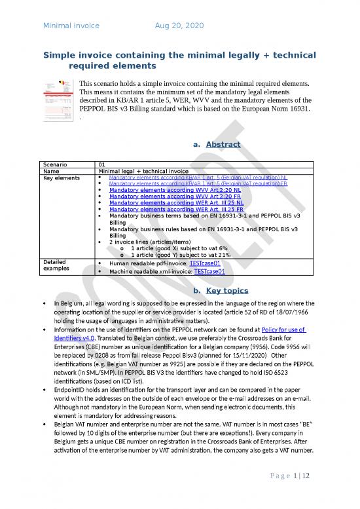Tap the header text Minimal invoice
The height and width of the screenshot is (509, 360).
click(x=71, y=26)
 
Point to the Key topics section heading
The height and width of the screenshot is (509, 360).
click(x=218, y=290)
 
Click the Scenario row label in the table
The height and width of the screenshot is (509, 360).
click(x=54, y=164)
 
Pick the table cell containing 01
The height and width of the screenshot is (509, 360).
click(x=101, y=164)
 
